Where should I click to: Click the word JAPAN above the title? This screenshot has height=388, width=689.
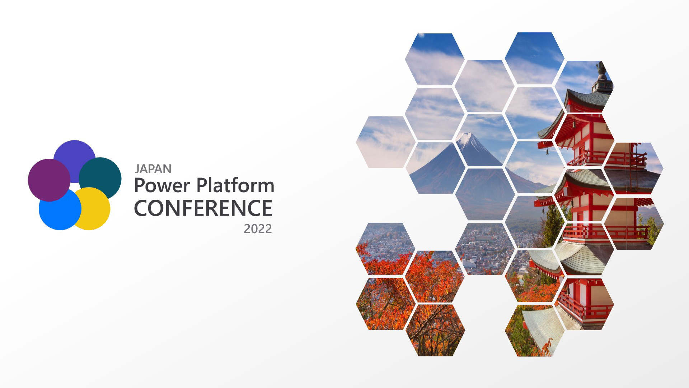coord(153,169)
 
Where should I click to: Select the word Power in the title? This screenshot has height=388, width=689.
coord(162,186)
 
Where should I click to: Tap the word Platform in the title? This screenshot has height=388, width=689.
coord(235,185)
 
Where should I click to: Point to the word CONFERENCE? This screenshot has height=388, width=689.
coord(203,208)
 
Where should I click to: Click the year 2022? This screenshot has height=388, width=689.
coord(258,229)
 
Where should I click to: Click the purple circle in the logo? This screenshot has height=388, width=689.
coord(49,180)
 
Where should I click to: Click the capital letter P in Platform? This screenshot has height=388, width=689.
coord(202,186)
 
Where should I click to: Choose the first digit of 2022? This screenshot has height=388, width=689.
coord(247,229)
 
